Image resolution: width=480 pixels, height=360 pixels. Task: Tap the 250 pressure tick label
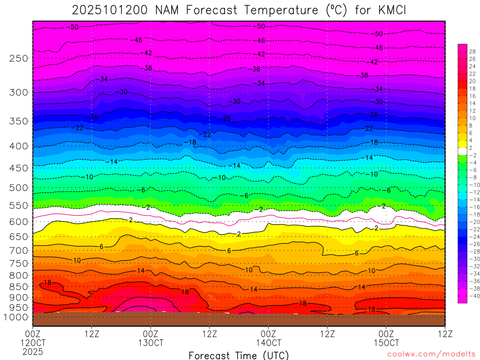(x=19, y=59)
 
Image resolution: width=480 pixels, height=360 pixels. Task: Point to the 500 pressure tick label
(x=19, y=188)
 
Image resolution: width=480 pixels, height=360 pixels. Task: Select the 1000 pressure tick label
(x=17, y=317)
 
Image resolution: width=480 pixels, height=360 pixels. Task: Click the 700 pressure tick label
(x=19, y=250)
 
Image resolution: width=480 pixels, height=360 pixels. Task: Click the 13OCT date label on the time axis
(x=150, y=342)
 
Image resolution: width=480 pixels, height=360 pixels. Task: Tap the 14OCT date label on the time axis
(x=268, y=342)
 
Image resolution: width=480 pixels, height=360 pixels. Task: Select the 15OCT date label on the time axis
(x=386, y=342)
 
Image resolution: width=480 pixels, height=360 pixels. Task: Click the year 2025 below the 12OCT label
(x=33, y=351)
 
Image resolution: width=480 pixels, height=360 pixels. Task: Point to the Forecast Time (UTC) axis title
(x=239, y=355)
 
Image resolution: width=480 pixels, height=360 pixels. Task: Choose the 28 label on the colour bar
(x=472, y=52)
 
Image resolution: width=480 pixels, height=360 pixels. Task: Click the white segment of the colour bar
(x=462, y=151)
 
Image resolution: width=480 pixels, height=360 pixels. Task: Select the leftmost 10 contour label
(x=77, y=260)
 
